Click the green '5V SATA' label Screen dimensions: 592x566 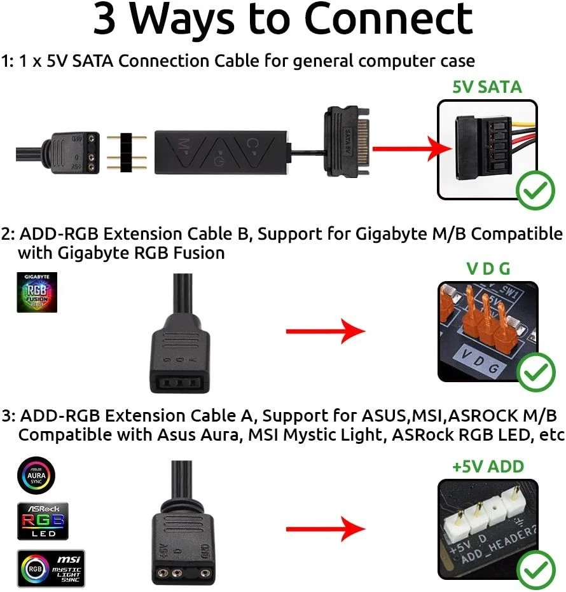click(487, 86)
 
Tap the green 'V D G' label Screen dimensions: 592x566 click(488, 268)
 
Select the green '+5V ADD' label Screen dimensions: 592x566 click(488, 466)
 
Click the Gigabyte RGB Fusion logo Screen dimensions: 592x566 click(37, 293)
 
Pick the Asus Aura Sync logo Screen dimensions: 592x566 click(37, 474)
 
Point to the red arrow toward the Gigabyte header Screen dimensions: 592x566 click(325, 331)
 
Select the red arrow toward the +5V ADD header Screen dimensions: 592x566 click(325, 528)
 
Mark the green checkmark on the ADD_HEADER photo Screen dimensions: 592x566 click(535, 570)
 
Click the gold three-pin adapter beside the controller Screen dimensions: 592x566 click(127, 153)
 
